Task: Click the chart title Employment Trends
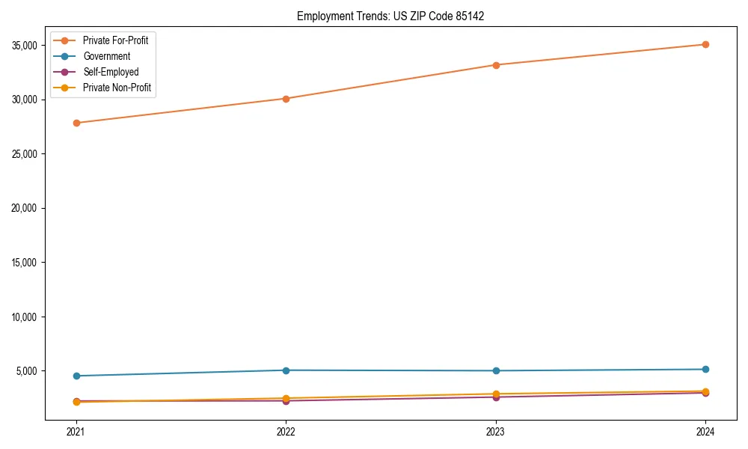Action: (390, 16)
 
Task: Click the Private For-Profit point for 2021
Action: (76, 123)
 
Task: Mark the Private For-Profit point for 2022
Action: (286, 99)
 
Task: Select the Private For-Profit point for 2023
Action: (496, 65)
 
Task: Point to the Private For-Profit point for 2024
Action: (705, 44)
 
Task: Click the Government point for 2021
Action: (76, 376)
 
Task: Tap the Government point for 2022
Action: (286, 370)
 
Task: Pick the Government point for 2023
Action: (496, 371)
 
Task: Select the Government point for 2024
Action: (705, 369)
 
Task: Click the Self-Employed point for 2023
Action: (496, 397)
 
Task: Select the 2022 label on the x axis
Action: (286, 431)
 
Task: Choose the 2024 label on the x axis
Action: (705, 431)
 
